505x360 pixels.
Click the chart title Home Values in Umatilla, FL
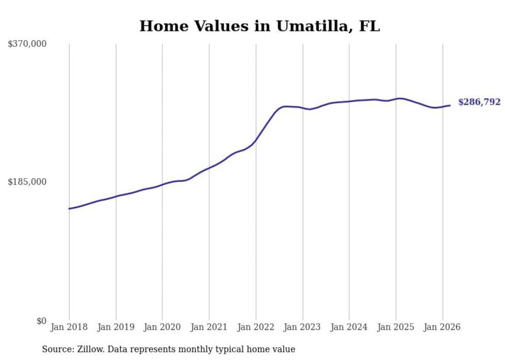click(259, 26)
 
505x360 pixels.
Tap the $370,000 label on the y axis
click(27, 44)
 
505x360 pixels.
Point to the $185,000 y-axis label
click(27, 182)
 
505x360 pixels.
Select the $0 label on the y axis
click(41, 321)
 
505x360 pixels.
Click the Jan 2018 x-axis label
click(69, 327)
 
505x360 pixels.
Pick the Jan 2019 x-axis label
click(115, 327)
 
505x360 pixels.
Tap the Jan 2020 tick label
click(162, 327)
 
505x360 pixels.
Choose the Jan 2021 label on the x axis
click(209, 327)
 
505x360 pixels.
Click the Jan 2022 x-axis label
click(256, 327)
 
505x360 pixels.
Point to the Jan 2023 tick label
click(302, 327)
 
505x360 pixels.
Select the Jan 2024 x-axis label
click(349, 327)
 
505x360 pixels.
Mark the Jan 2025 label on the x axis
click(396, 327)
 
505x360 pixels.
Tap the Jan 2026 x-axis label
click(442, 327)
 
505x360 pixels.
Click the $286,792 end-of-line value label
click(479, 102)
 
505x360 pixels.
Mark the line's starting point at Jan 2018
click(69, 209)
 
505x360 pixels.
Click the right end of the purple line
click(450, 106)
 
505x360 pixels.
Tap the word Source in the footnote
click(56, 349)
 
